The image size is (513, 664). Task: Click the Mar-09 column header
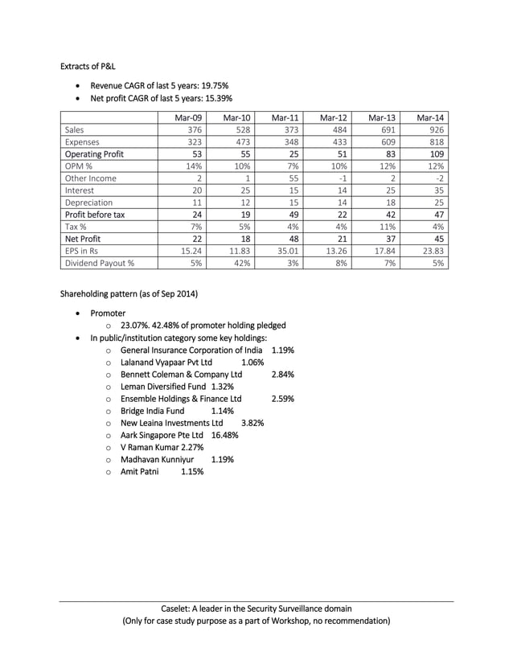(189, 117)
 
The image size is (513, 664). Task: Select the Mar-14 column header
(431, 117)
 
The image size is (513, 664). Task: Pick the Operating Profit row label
(94, 154)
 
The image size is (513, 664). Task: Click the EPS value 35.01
(285, 250)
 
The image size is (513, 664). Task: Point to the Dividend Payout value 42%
(241, 262)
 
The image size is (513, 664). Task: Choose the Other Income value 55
(293, 178)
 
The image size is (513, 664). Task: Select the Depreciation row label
(88, 202)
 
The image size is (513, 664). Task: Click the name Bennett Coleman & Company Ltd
(181, 374)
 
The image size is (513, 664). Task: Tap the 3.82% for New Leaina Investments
(252, 422)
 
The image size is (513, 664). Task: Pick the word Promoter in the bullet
(108, 313)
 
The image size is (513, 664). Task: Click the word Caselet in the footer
(178, 609)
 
